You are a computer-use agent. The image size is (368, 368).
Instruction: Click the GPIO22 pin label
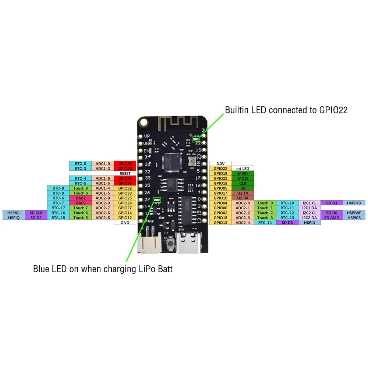point(220,169)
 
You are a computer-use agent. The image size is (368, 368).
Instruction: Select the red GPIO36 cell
point(125,163)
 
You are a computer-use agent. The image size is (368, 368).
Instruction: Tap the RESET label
point(125,173)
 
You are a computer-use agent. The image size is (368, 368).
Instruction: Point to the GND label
point(125,223)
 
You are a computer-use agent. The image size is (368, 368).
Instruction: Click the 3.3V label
point(220,163)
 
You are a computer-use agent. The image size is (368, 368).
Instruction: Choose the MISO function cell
point(243,173)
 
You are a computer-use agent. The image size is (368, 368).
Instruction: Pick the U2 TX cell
point(243,193)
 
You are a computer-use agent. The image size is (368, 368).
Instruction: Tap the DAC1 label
point(80,198)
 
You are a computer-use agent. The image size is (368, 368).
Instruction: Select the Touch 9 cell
point(80,188)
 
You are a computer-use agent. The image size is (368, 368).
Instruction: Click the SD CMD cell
point(332,217)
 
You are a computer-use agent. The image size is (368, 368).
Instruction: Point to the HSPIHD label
point(354,203)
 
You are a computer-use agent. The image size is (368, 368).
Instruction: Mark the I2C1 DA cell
point(309,208)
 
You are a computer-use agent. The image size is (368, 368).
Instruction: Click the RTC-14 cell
point(265,223)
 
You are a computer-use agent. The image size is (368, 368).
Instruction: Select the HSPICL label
point(13,213)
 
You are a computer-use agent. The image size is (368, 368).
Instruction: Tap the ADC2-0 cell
point(243,203)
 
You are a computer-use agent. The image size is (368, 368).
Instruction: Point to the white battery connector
point(148,243)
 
